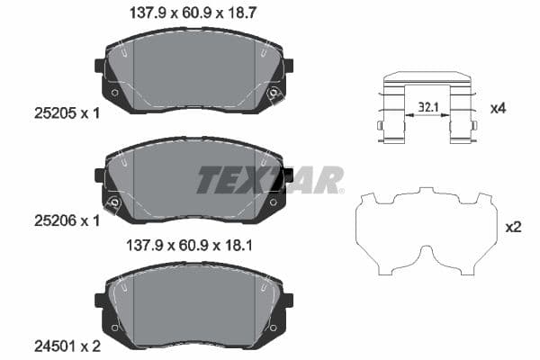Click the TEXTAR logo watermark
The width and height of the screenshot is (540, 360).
click(270, 180)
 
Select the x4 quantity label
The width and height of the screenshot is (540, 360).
click(498, 108)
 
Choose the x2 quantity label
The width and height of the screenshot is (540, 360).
click(513, 228)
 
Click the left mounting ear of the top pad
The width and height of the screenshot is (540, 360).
click(100, 66)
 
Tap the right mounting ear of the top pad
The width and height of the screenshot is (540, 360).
click(289, 66)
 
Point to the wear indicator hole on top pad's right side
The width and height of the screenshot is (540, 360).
click(274, 94)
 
